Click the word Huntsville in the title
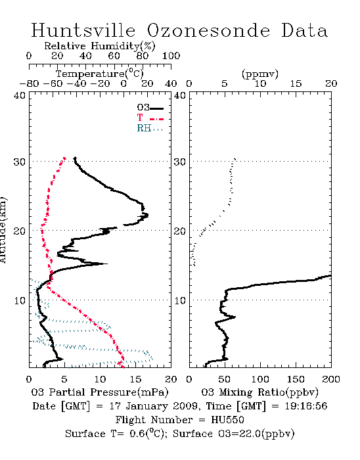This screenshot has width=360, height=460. (x=83, y=30)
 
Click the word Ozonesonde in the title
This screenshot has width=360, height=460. (x=208, y=30)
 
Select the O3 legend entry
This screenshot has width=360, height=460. (x=150, y=108)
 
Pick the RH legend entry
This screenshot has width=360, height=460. (x=150, y=128)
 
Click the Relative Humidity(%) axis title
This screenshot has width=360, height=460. (x=100, y=46)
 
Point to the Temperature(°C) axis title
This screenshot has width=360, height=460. (x=100, y=74)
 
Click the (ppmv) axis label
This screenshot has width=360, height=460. (x=260, y=74)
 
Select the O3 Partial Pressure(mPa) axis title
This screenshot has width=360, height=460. (x=100, y=392)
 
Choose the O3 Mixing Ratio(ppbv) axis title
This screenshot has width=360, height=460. (x=259, y=392)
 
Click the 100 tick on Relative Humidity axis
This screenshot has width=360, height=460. (x=171, y=56)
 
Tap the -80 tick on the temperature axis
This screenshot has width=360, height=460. (x=29, y=83)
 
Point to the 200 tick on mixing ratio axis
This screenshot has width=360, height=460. (x=331, y=379)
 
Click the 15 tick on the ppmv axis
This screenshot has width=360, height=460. (x=296, y=83)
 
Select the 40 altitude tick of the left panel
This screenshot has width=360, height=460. (x=20, y=95)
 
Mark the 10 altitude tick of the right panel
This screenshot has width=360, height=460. (x=180, y=300)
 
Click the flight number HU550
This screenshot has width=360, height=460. (x=227, y=420)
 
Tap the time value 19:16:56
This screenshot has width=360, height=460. (x=305, y=406)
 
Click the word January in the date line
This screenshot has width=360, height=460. (x=147, y=406)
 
